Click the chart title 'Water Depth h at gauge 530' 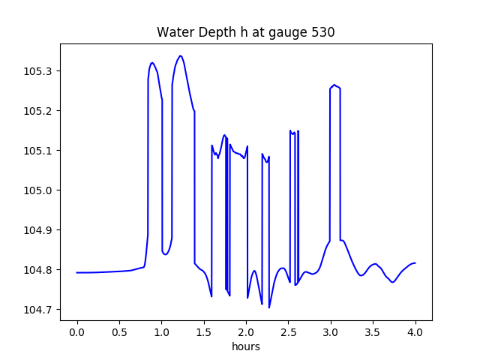[x=245, y=32]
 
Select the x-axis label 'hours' [x=245, y=346]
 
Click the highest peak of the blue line [x=181, y=55]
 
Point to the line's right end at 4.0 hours [x=415, y=263]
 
